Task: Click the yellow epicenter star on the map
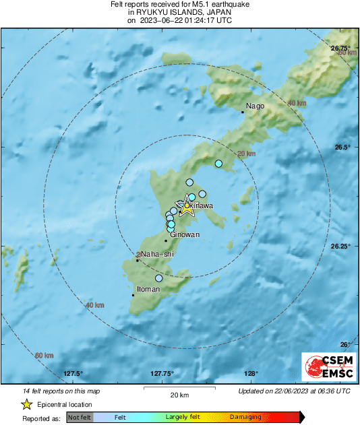pyautogui.click(x=187, y=209)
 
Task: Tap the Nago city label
pyautogui.click(x=255, y=106)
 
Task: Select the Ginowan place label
pyautogui.click(x=183, y=235)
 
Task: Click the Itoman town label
pyautogui.click(x=148, y=289)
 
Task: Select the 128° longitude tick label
pyautogui.click(x=251, y=374)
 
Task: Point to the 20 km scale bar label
pyautogui.click(x=179, y=395)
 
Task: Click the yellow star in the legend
pyautogui.click(x=26, y=405)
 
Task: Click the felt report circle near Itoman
pyautogui.click(x=159, y=278)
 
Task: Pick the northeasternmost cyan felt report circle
pyautogui.click(x=218, y=164)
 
